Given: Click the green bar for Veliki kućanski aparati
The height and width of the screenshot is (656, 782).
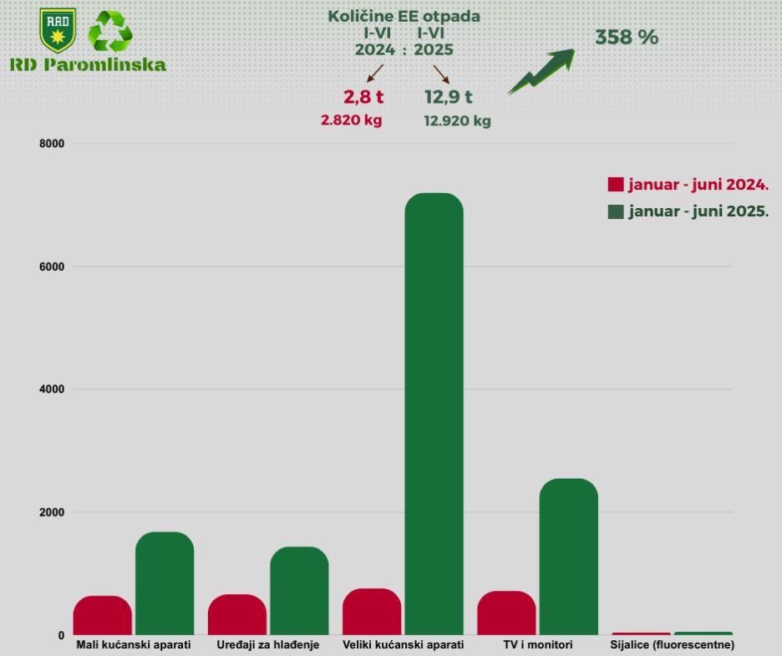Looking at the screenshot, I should [434, 414].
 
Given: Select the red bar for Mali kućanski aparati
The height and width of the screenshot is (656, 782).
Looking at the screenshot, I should [102, 615].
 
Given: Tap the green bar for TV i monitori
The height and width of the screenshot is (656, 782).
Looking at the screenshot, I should [568, 557].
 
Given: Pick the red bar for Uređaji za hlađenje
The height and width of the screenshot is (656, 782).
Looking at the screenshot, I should [236, 614].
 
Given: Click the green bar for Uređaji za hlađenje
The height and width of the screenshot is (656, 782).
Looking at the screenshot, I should [299, 591].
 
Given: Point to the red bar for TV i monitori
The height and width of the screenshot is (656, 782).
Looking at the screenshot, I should [506, 613].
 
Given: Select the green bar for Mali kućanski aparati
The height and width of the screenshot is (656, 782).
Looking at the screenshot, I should [165, 583].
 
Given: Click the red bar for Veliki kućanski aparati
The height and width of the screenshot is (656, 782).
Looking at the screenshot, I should [372, 612].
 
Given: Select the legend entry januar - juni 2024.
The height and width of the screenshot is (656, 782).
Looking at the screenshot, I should [688, 185].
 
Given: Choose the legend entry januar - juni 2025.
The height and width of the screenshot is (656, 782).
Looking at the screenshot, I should [688, 211].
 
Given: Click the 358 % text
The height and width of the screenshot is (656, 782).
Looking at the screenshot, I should [627, 38].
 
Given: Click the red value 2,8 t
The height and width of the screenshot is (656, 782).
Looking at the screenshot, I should [363, 97].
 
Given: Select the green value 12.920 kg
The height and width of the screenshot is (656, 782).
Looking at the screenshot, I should [457, 120].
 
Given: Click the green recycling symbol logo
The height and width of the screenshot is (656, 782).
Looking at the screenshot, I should [110, 32].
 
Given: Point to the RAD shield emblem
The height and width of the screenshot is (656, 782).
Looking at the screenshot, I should [58, 31].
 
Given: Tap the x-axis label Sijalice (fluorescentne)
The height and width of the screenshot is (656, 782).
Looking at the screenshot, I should [673, 646].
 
